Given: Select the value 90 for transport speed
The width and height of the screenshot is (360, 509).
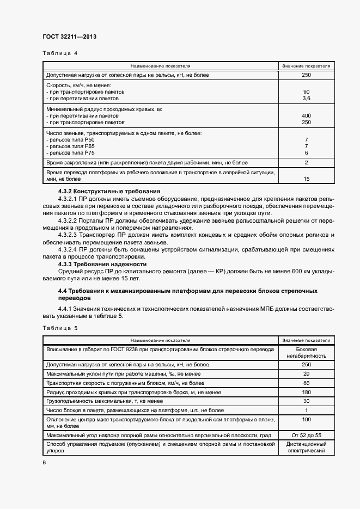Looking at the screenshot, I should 306,91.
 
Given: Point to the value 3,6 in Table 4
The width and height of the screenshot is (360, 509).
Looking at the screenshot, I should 306,99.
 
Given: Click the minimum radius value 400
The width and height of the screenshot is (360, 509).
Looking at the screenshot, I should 306,116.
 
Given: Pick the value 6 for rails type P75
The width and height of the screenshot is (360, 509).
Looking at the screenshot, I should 307,154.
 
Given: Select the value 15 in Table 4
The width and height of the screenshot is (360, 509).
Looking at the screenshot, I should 306,179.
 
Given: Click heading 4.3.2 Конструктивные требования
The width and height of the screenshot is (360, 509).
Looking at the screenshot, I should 109,191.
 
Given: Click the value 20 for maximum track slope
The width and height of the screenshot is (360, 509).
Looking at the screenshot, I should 306,374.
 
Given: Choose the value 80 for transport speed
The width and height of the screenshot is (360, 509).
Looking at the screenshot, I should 306,383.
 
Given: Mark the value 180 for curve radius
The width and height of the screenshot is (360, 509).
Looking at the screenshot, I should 306,392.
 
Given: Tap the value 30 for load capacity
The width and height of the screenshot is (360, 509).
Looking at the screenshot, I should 306,401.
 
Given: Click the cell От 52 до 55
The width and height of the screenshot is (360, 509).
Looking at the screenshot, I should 306,436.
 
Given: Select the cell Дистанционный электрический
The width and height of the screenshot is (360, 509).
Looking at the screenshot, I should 306,447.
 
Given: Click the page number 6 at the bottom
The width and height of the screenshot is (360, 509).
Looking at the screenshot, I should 44,462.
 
